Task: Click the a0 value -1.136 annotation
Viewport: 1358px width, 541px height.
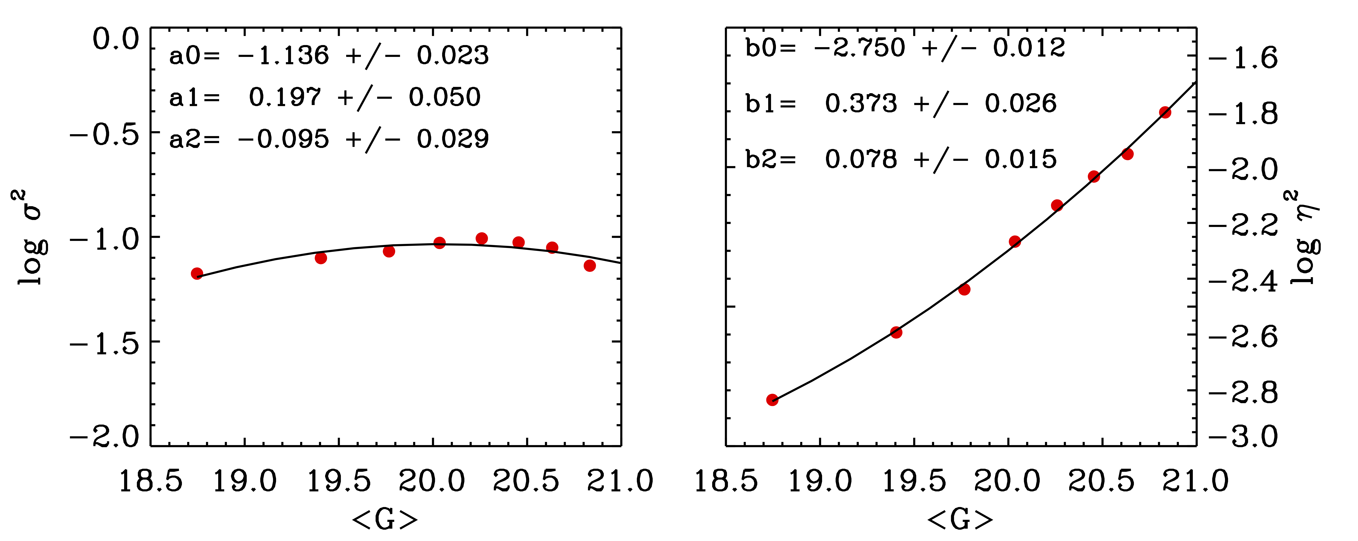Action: click(x=328, y=55)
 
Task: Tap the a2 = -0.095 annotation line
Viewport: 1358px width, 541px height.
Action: click(x=328, y=139)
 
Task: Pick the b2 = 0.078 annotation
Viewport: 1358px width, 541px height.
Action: click(x=900, y=159)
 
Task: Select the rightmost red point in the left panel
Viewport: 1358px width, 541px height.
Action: click(x=590, y=266)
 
